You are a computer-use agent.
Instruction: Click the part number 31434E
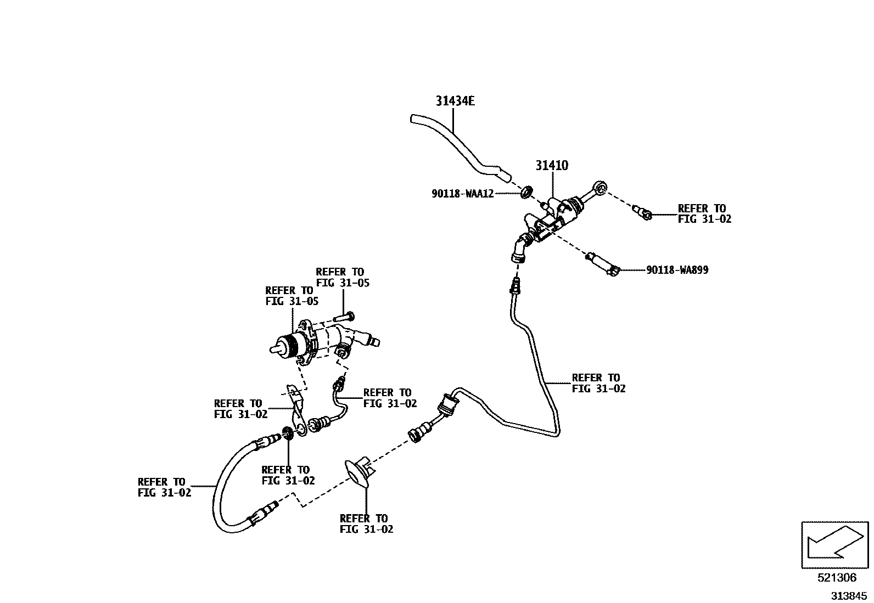point(455,101)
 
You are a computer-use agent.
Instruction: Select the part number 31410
point(552,165)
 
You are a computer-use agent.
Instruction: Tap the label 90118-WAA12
point(462,193)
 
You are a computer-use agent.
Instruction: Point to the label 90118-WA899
point(677,270)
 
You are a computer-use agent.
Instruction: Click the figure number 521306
point(837,578)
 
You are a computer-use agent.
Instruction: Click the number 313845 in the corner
point(848,595)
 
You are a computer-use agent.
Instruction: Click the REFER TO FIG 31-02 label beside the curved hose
point(164,487)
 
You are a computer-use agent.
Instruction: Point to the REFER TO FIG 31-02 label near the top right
point(704,213)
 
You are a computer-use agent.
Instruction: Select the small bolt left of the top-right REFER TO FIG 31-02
point(642,212)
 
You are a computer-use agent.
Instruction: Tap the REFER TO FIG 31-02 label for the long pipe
point(598,383)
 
